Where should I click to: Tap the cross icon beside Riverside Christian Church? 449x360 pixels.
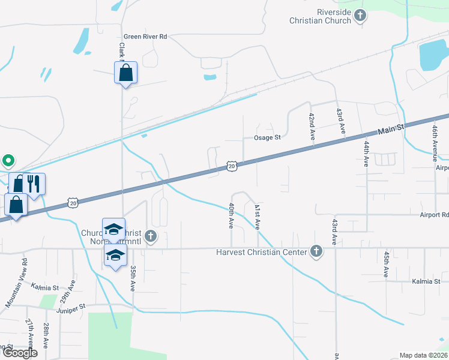coord(360,16)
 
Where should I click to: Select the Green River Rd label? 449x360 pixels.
coord(145,37)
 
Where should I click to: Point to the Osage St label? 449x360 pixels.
coord(267,137)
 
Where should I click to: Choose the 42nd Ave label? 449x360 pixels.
coord(312,127)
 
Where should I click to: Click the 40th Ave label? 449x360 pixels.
coord(231,215)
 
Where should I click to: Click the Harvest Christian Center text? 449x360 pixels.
coord(262,252)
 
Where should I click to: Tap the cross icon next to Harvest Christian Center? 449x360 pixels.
coord(316,251)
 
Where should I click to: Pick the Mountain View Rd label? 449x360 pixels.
coord(16,283)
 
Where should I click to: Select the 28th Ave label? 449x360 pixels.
coord(46,335)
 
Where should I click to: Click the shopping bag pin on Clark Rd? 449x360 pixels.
coord(126,73)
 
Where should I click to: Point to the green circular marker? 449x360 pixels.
coord(8,161)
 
